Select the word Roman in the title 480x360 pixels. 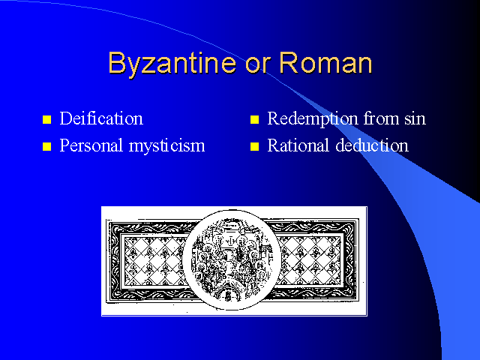(x=325, y=62)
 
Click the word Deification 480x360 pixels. (x=101, y=118)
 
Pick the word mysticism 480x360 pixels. (x=166, y=146)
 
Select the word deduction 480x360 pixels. (x=372, y=145)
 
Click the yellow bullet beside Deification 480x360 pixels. (x=46, y=119)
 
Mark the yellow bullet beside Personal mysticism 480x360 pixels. (x=46, y=147)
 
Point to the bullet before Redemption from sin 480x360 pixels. (x=254, y=119)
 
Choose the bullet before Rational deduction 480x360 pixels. (x=254, y=147)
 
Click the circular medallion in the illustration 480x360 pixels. (x=232, y=259)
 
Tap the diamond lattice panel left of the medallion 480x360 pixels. (x=154, y=261)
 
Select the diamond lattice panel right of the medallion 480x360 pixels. (x=309, y=261)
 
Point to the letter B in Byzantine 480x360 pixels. (x=117, y=62)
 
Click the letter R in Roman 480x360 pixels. (x=288, y=62)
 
